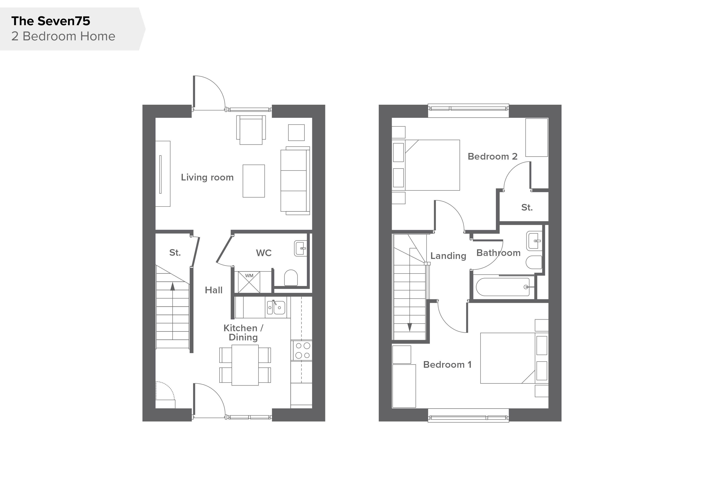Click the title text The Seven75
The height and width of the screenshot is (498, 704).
tap(51, 21)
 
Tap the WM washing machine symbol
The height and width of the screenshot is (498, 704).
tap(249, 282)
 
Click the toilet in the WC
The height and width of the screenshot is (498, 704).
tap(291, 278)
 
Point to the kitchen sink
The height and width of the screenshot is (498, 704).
tap(276, 307)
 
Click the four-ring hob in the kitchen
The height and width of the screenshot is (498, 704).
tap(303, 350)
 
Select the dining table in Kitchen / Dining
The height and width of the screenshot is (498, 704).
tap(245, 365)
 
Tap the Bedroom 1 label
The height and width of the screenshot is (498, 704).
tap(447, 365)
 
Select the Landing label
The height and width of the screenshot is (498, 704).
tap(448, 256)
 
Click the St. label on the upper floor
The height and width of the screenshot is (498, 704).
tap(527, 208)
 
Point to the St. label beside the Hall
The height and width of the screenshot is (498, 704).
tap(175, 253)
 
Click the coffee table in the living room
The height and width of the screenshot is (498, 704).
tap(254, 181)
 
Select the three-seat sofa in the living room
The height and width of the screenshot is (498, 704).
tap(295, 181)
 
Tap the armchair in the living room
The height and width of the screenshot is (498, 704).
tap(251, 130)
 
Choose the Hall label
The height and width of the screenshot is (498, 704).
tap(214, 290)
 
